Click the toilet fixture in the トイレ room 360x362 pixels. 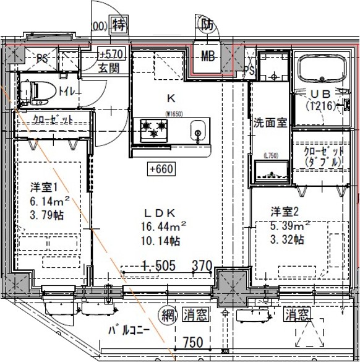(38, 91)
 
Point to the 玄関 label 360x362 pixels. (109, 69)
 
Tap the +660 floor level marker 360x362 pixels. (160, 168)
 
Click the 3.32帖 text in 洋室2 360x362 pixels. (286, 239)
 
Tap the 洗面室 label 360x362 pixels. (270, 122)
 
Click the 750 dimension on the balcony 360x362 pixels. (194, 342)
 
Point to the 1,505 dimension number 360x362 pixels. (159, 265)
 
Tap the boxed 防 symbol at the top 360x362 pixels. (207, 25)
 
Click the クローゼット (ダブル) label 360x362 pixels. (322, 157)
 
